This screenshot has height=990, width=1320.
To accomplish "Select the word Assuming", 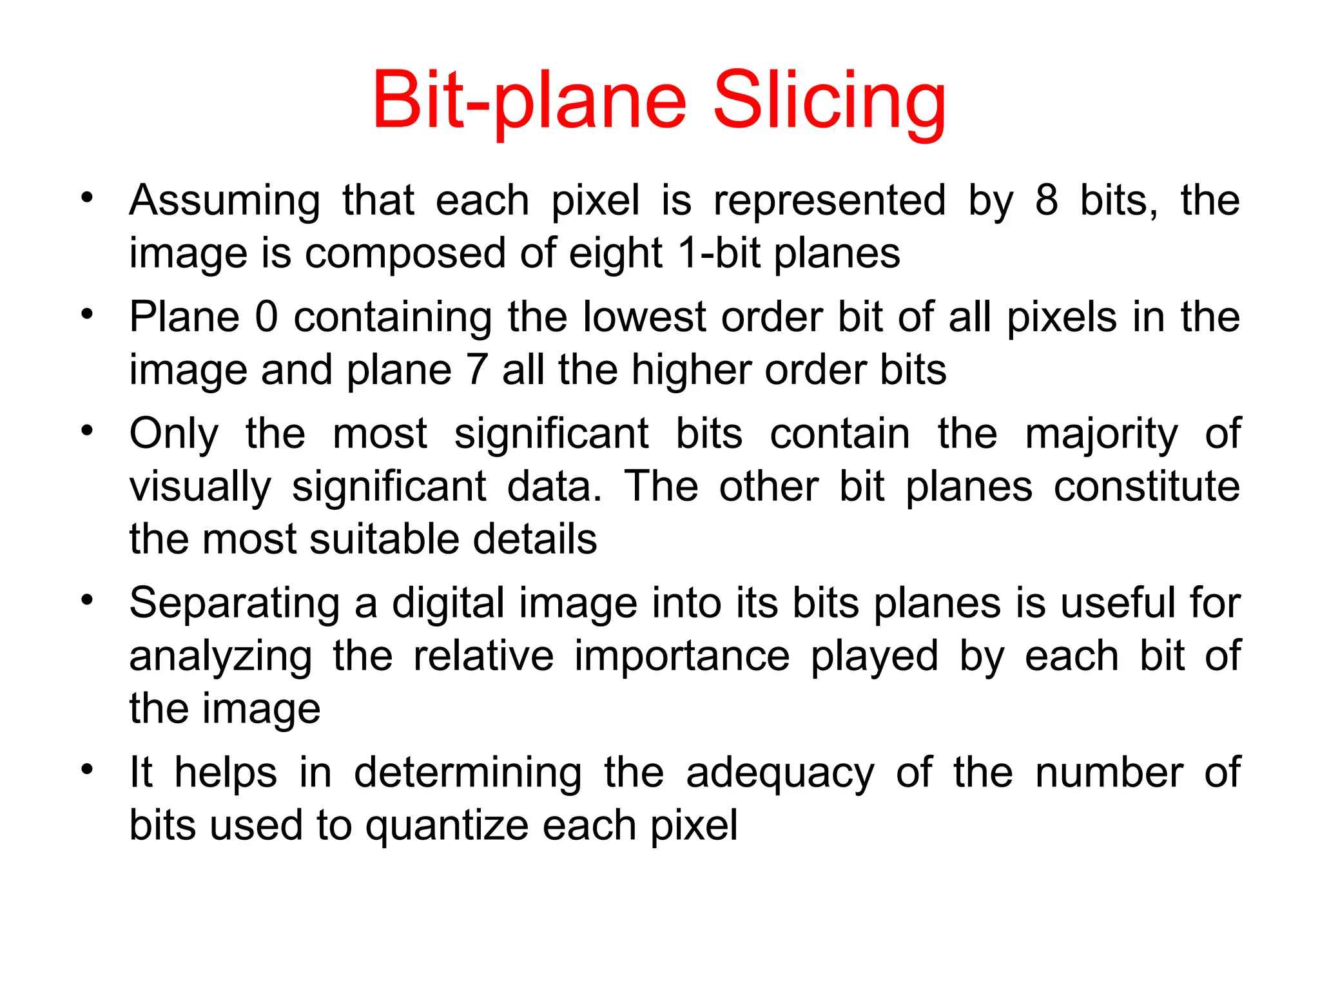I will (224, 201).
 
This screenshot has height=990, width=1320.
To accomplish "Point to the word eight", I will (616, 254).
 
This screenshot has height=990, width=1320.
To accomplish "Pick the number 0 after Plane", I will (266, 317).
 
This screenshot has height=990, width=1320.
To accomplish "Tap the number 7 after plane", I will (477, 370).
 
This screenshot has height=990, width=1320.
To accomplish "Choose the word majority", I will (1101, 434).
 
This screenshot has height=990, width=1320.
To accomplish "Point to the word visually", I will (200, 487).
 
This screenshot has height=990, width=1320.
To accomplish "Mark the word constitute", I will (1147, 486).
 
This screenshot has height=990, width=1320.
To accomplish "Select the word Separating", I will (234, 605).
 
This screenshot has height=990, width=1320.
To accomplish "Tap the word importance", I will (682, 656).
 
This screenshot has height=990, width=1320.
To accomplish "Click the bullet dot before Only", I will (87, 431).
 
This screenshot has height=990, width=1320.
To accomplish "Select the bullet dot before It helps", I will (87, 770).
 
